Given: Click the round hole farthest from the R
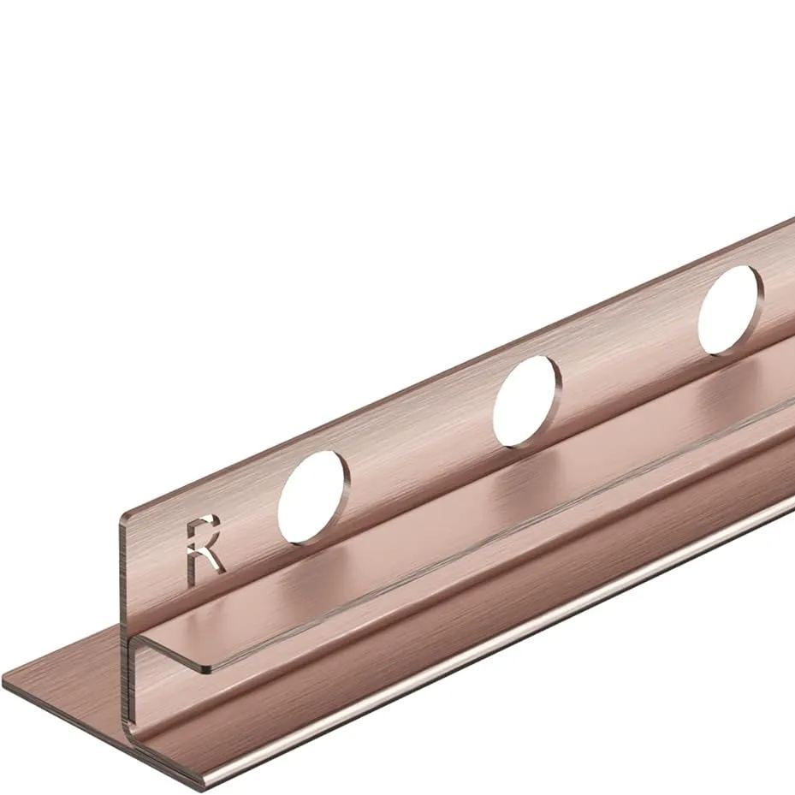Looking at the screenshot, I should pos(728,309).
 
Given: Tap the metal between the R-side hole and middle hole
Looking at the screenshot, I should pos(419,445).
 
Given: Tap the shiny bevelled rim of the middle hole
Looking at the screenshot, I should pos(553,402).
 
